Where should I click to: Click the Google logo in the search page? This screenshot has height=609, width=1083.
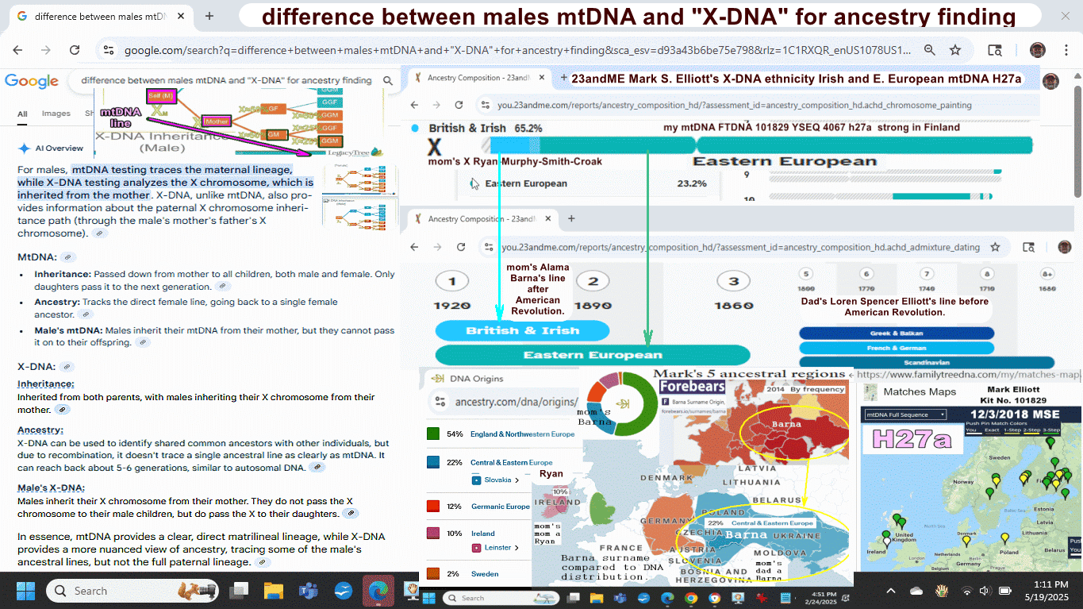tap(32, 81)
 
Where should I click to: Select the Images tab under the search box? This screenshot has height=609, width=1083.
tap(56, 114)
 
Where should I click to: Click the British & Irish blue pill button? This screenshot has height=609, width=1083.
tap(522, 331)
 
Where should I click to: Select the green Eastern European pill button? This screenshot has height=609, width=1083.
tap(592, 355)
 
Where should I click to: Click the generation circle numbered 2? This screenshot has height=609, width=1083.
tap(592, 281)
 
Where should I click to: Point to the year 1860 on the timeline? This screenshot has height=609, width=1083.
tap(733, 305)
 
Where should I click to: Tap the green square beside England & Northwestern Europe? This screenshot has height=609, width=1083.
tap(433, 434)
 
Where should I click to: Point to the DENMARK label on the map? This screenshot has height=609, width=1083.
tap(666, 478)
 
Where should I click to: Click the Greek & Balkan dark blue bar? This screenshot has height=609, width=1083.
tap(896, 333)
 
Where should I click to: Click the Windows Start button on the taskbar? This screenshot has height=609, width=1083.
tap(25, 591)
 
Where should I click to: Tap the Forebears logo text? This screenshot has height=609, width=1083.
tap(693, 387)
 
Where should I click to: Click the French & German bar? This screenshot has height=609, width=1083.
tap(896, 349)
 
